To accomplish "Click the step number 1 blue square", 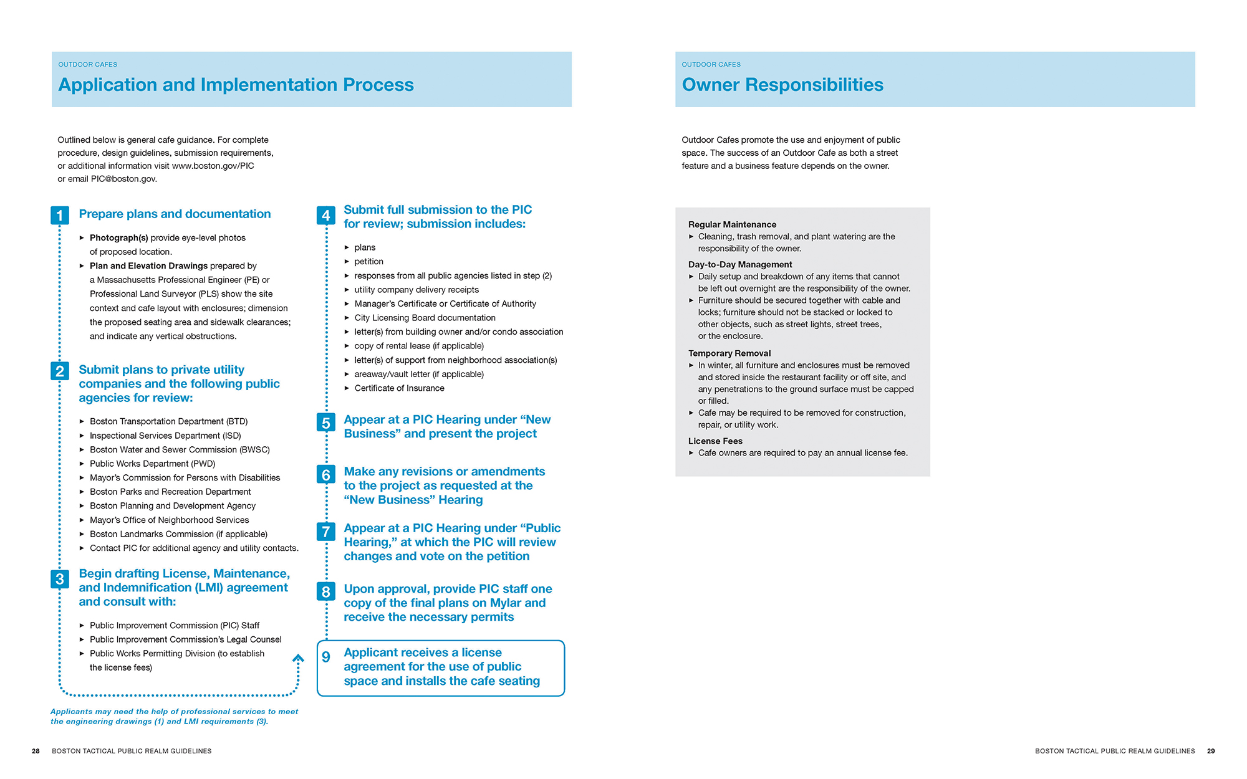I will click(x=59, y=216).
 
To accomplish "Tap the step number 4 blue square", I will click(x=325, y=216).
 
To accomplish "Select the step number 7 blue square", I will click(x=325, y=532).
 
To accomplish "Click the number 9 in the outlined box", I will click(x=325, y=657).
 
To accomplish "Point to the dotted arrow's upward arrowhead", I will click(x=299, y=658).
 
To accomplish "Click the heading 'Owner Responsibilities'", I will click(x=782, y=85).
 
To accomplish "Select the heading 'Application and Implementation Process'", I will click(x=236, y=85).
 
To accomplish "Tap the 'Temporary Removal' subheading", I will click(x=729, y=353).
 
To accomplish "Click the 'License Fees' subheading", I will click(x=715, y=441).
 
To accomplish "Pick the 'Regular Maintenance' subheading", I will click(x=732, y=224).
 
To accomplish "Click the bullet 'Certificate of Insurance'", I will click(x=399, y=388).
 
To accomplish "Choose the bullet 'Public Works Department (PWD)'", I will click(x=152, y=464).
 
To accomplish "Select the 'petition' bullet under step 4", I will click(x=368, y=262).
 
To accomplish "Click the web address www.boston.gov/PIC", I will click(x=213, y=166).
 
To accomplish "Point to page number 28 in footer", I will click(x=36, y=751).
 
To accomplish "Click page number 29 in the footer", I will click(x=1210, y=751).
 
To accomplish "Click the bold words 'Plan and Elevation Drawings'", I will click(x=148, y=266).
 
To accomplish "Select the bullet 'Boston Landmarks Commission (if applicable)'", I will click(x=178, y=534).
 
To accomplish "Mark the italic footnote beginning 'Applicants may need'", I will click(x=174, y=717).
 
